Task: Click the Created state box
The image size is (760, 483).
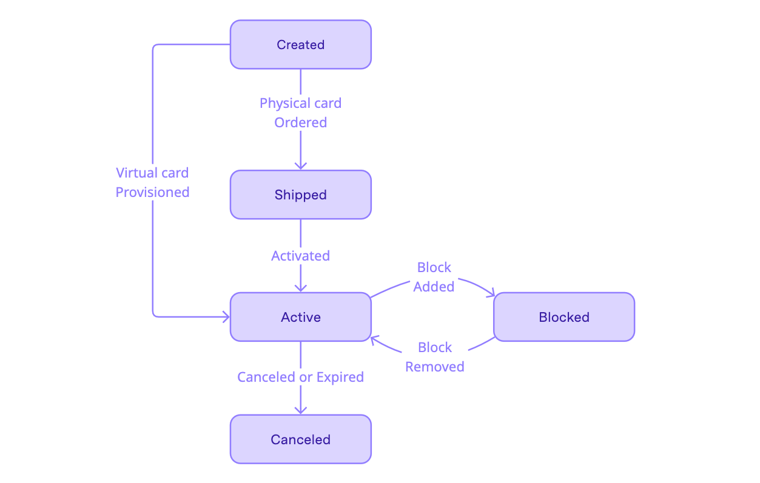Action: pyautogui.click(x=300, y=44)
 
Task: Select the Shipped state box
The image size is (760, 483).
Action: pyautogui.click(x=300, y=195)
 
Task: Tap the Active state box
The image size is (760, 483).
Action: pyautogui.click(x=300, y=317)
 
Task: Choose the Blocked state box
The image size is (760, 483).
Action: pyautogui.click(x=563, y=317)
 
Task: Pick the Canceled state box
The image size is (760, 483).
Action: pyautogui.click(x=300, y=439)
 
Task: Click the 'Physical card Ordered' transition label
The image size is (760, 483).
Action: pyautogui.click(x=300, y=113)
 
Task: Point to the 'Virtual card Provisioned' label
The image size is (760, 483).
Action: pyautogui.click(x=152, y=182)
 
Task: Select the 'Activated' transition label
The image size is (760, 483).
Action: pyautogui.click(x=300, y=256)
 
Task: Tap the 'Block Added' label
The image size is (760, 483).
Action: pyautogui.click(x=434, y=277)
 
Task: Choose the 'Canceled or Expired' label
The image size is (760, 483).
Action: pyautogui.click(x=300, y=377)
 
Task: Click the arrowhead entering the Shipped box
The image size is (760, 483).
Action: pyautogui.click(x=300, y=165)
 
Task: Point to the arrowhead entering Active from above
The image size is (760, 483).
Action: pyautogui.click(x=300, y=288)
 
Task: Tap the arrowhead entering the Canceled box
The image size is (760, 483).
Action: pyautogui.click(x=300, y=410)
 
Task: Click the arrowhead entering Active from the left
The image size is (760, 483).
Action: pyautogui.click(x=225, y=316)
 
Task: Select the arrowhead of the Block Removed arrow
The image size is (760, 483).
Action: pyautogui.click(x=375, y=341)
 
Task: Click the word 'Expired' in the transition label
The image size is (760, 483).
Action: pyautogui.click(x=340, y=377)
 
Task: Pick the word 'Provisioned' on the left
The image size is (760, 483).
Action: pyautogui.click(x=152, y=192)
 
